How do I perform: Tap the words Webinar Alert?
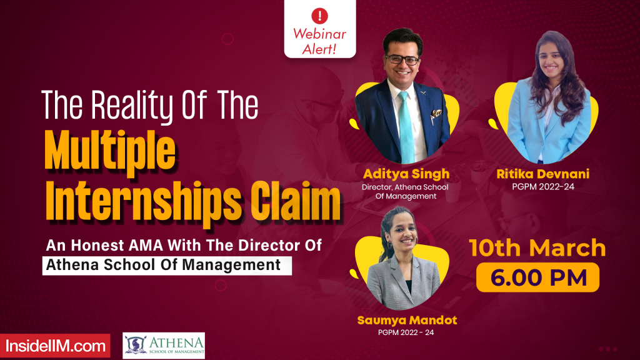point(320,42)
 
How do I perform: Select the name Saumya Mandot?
point(407,321)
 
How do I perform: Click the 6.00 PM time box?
point(537,277)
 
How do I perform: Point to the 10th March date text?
point(537,248)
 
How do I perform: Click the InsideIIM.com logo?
point(54,346)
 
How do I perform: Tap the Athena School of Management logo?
point(164,346)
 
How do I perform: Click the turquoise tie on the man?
point(406,125)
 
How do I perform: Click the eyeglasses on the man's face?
point(402,59)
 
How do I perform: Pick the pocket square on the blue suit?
point(435,114)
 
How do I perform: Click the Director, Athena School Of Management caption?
point(405,191)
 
